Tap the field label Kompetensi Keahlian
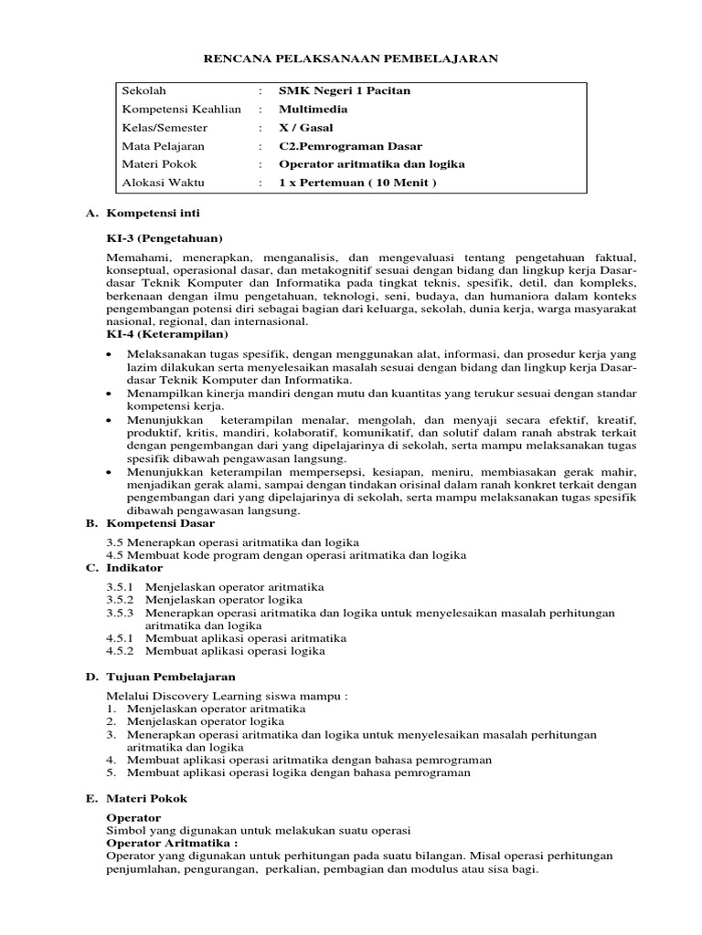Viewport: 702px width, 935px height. pos(181,109)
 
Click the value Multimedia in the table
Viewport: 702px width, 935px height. pos(313,109)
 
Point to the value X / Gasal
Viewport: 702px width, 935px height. pos(306,127)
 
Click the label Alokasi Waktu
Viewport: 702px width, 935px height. pos(164,183)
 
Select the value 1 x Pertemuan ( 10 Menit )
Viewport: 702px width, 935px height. pos(359,183)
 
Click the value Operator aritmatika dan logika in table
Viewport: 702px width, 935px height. pos(372,164)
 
